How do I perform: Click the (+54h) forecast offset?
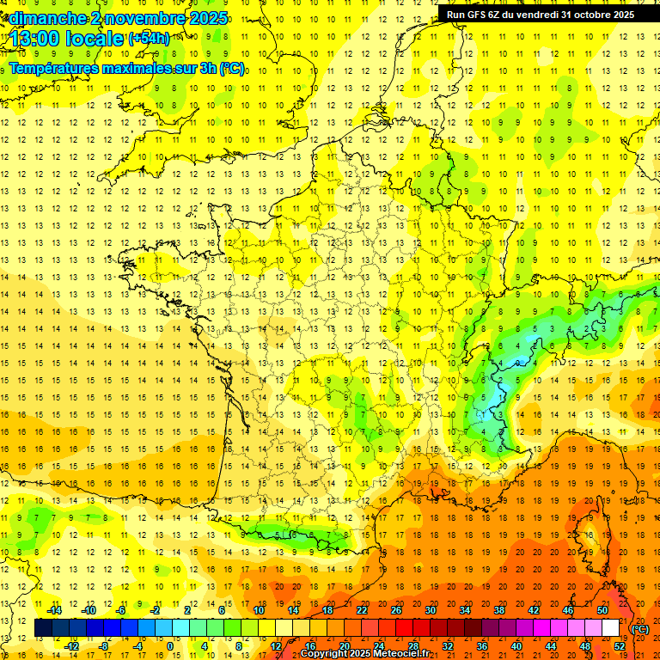pos(149,39)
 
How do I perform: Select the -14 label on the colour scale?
pos(55,610)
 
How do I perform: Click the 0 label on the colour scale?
pos(170,646)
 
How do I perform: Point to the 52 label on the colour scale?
pos(620,646)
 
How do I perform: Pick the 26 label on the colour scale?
pos(396,610)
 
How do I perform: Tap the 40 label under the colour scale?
pos(516,646)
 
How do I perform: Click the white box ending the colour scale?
pos(611,628)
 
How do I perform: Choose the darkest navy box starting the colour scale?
pos(43,628)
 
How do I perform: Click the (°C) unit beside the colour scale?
pos(640,629)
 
